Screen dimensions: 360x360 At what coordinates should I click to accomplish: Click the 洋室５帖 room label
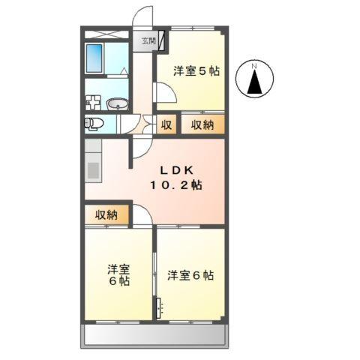[196, 72]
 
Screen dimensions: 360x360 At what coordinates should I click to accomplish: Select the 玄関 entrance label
[145, 42]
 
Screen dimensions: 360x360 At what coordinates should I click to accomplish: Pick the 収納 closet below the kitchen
[106, 215]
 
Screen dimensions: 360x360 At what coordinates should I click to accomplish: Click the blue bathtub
[94, 58]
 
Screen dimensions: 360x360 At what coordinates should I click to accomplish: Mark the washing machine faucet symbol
[94, 103]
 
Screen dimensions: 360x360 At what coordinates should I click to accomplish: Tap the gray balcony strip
[154, 336]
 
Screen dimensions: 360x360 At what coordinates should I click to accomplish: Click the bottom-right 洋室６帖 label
[190, 275]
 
